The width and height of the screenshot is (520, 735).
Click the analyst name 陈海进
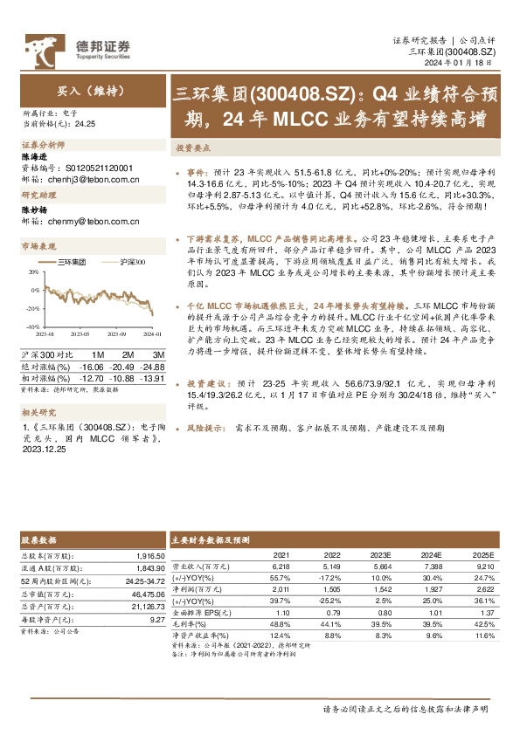tap(33, 155)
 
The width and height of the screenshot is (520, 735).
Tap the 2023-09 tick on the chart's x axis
tap(118, 333)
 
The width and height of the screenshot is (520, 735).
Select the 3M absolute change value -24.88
tap(152, 367)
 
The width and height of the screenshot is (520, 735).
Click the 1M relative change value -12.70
tap(92, 377)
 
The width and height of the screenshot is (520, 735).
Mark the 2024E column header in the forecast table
tap(433, 555)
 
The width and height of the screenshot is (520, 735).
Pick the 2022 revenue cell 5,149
tap(332, 567)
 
